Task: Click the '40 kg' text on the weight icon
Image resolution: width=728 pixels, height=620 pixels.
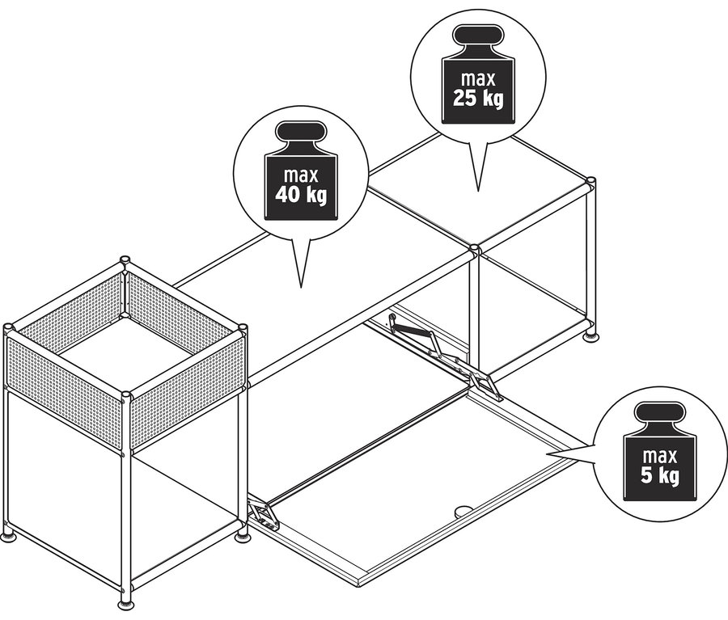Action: click(x=301, y=195)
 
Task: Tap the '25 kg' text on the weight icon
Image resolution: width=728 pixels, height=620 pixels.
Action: click(x=478, y=99)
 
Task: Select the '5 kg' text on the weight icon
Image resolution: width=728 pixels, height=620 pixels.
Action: click(x=660, y=475)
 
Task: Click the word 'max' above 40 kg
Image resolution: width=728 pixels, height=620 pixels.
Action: click(x=301, y=175)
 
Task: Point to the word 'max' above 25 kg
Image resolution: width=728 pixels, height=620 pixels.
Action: click(x=478, y=79)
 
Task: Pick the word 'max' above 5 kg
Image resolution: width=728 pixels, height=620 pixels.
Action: click(x=660, y=456)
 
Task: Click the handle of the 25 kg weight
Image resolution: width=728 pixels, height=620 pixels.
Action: click(x=478, y=36)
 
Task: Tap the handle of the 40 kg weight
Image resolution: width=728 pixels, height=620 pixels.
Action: click(x=301, y=132)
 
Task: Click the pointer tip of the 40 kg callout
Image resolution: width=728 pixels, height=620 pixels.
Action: click(x=301, y=287)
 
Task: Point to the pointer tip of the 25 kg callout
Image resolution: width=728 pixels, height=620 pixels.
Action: click(x=478, y=191)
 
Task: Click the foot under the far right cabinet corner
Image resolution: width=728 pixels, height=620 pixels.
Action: click(x=590, y=336)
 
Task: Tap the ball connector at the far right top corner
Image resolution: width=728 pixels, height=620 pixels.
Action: click(x=590, y=181)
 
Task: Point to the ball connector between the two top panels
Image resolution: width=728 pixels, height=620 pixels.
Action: click(x=473, y=249)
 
